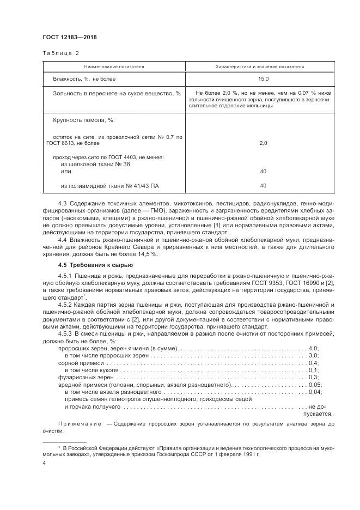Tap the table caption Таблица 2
pos(60,53)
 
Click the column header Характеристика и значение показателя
pos(259,66)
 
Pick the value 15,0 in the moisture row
pos(263,79)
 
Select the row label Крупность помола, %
pos(84,119)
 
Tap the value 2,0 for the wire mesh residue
pos(263,143)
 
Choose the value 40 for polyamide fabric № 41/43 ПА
pos(263,185)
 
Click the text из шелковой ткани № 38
pos(95,164)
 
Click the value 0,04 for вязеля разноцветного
pos(315,391)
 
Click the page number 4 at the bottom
pos(44,463)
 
